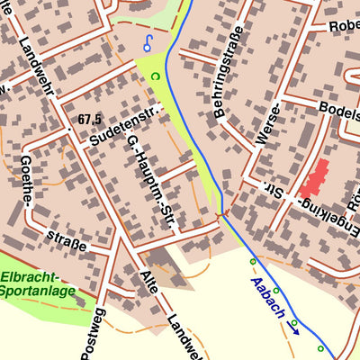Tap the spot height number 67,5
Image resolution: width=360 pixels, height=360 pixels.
pos(91,119)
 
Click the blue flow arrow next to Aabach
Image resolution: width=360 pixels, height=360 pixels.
pos(294,328)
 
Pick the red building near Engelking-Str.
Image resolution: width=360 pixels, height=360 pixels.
pos(314,178)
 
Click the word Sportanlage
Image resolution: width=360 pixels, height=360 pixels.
pos(38,292)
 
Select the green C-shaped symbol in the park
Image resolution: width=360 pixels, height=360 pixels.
pos(155,76)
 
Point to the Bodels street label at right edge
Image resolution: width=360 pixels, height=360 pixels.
pos(340,107)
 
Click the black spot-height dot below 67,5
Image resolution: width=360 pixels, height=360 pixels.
pos(68,131)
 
